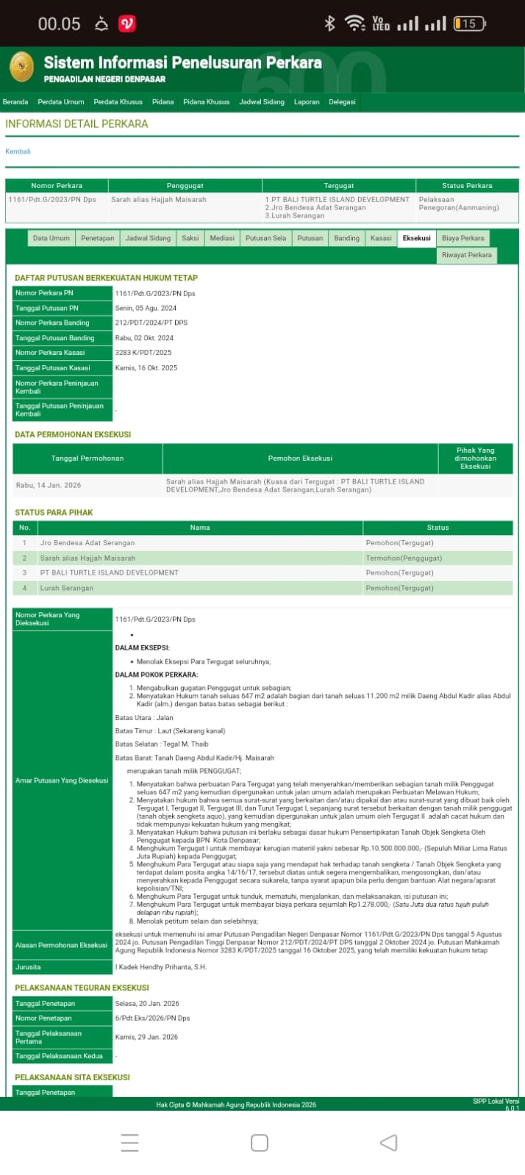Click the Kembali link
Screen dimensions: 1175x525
pos(18,151)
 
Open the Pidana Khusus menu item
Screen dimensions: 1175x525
pos(206,102)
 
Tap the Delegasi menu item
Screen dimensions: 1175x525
pos(342,102)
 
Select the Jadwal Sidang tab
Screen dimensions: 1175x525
pos(148,238)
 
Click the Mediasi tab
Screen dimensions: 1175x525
pos(222,238)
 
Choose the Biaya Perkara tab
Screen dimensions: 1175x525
pos(463,238)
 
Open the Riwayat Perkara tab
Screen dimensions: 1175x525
pos(466,255)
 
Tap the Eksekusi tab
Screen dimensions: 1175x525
pos(417,238)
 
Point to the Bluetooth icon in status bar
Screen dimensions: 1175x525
pos(329,24)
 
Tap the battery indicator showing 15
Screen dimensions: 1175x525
pos(468,24)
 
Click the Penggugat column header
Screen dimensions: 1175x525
pos(185,186)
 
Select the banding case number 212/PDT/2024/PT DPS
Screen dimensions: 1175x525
pos(151,323)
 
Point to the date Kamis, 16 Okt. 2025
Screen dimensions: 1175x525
pos(146,367)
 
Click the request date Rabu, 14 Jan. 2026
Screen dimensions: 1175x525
pos(49,485)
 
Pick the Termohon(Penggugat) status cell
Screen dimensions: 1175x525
pos(404,558)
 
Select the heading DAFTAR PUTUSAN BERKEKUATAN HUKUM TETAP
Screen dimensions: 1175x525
pos(106,278)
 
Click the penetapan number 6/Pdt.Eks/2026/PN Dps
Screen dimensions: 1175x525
pos(152,1018)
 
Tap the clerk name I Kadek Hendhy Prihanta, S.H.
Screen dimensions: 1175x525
pos(160,967)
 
